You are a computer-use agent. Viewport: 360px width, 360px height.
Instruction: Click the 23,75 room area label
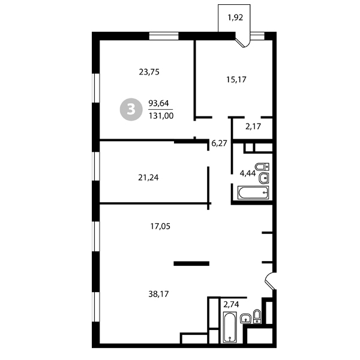pos(149,72)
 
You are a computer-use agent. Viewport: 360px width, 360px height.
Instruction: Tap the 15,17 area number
pos(236,80)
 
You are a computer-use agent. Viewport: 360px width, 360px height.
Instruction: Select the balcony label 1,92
pos(235,17)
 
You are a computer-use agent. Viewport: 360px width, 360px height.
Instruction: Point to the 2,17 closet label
pos(253,126)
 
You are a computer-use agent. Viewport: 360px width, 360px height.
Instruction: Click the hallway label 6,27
pos(219,143)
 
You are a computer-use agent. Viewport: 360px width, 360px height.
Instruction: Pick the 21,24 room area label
pos(148,178)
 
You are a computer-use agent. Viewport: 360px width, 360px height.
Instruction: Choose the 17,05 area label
pos(160,226)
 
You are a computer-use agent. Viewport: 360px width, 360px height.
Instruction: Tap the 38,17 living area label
pos(158,294)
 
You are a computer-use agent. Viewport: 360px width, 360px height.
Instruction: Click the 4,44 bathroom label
pos(248,173)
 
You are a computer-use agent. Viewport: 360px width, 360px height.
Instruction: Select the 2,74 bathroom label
pos(231,304)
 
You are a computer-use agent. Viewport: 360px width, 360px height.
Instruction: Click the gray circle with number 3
pos(131,110)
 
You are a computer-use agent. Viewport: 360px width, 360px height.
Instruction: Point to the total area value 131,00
pos(161,116)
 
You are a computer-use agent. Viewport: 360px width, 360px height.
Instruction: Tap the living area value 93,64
pos(158,103)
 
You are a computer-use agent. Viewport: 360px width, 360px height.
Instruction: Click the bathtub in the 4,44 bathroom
pos(253,193)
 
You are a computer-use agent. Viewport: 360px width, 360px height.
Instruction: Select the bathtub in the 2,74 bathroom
pos(230,327)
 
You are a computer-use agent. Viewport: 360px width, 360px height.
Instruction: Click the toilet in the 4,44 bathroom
pos(262,166)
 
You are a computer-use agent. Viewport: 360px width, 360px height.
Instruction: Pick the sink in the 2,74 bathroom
pos(245,318)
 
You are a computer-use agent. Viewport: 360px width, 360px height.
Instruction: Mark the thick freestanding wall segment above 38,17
pos(191,263)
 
